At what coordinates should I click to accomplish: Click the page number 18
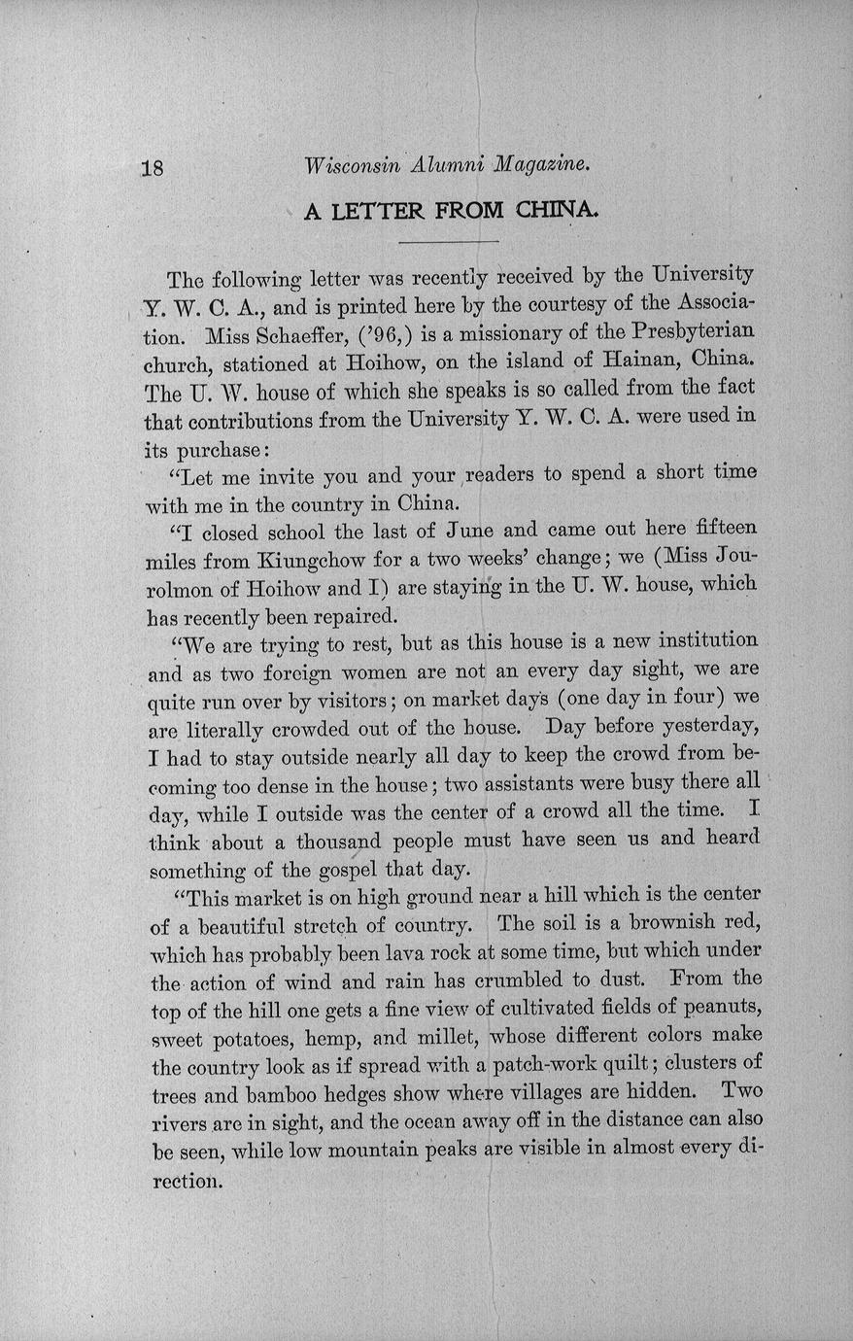pyautogui.click(x=154, y=166)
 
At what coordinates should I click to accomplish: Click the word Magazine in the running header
pyautogui.click(x=540, y=165)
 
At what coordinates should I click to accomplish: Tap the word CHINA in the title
pyautogui.click(x=557, y=210)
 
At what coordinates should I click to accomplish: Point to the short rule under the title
pyautogui.click(x=448, y=241)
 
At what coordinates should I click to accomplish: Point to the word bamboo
pyautogui.click(x=289, y=1093)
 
